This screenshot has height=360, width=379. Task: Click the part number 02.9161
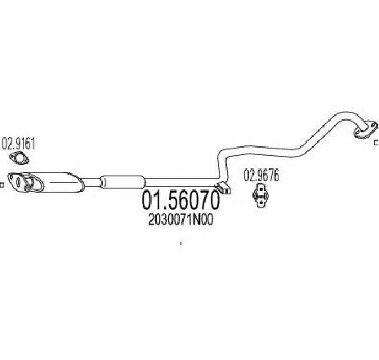[x=19, y=144]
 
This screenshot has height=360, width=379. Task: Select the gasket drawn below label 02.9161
[x=19, y=158]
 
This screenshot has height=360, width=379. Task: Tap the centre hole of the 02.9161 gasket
[x=19, y=158]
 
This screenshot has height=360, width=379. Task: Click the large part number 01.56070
[x=181, y=200]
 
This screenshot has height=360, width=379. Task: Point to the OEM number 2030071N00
[x=181, y=220]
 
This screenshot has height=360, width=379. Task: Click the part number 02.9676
[x=261, y=176]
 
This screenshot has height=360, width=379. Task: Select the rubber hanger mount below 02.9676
[x=261, y=195]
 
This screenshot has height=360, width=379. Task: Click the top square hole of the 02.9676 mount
[x=261, y=189]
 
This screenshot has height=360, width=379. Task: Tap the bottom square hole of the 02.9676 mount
[x=261, y=202]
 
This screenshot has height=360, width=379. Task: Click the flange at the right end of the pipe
[x=366, y=130]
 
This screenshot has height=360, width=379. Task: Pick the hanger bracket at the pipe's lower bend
[x=223, y=188]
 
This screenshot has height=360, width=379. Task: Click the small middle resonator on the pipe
[x=122, y=182]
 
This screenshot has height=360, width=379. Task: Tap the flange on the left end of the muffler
[x=25, y=182]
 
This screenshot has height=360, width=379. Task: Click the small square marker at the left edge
[x=2, y=185]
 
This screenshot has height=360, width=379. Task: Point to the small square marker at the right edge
[x=377, y=142]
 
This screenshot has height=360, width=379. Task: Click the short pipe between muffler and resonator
[x=92, y=182]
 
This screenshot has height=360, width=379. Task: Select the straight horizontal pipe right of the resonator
[x=181, y=181]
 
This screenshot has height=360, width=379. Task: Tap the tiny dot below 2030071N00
[x=181, y=243]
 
